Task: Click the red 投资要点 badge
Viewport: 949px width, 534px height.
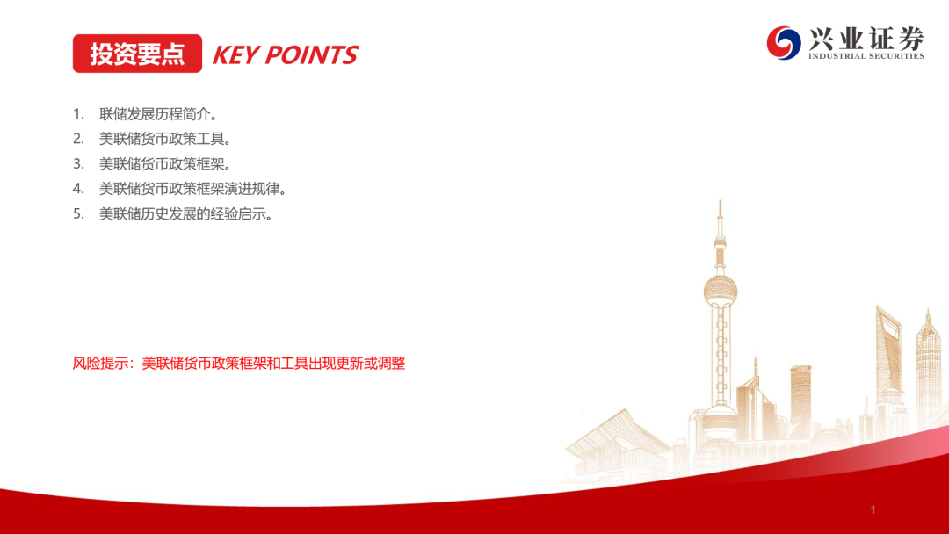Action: click(137, 54)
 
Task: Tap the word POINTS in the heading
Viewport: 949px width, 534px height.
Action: click(312, 55)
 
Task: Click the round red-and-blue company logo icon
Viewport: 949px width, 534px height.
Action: click(784, 43)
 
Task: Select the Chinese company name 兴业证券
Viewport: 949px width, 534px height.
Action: click(866, 38)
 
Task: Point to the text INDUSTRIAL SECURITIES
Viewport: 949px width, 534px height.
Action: click(866, 56)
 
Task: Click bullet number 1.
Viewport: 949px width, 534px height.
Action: click(78, 113)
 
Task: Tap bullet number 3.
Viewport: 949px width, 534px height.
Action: click(78, 164)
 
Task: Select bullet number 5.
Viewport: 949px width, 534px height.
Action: click(78, 214)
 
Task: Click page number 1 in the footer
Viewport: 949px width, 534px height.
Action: click(873, 509)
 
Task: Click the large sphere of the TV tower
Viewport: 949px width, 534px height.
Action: click(721, 291)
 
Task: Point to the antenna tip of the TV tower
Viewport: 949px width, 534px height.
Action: click(721, 201)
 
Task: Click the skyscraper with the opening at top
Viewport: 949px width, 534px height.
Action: click(888, 363)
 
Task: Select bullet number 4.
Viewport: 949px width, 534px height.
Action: click(78, 189)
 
